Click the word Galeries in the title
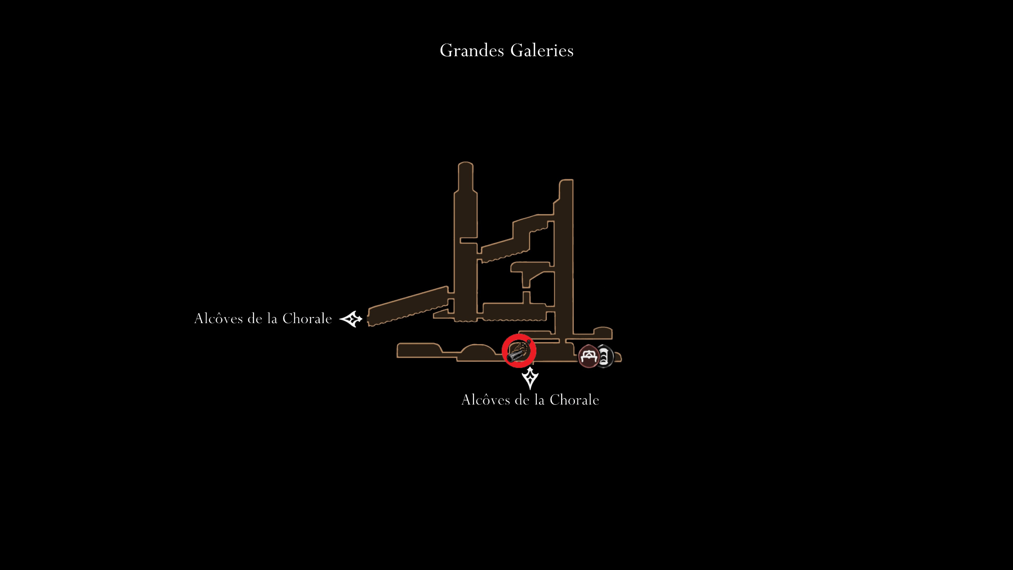point(542,50)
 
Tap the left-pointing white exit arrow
point(351,319)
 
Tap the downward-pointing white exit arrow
point(530,378)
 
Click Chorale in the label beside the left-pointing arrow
point(307,318)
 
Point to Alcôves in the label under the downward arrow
point(486,400)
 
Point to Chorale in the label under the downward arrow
point(574,400)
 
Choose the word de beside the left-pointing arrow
point(255,318)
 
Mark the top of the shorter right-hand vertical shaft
point(566,182)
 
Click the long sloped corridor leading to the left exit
point(408,306)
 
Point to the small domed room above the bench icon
point(603,332)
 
